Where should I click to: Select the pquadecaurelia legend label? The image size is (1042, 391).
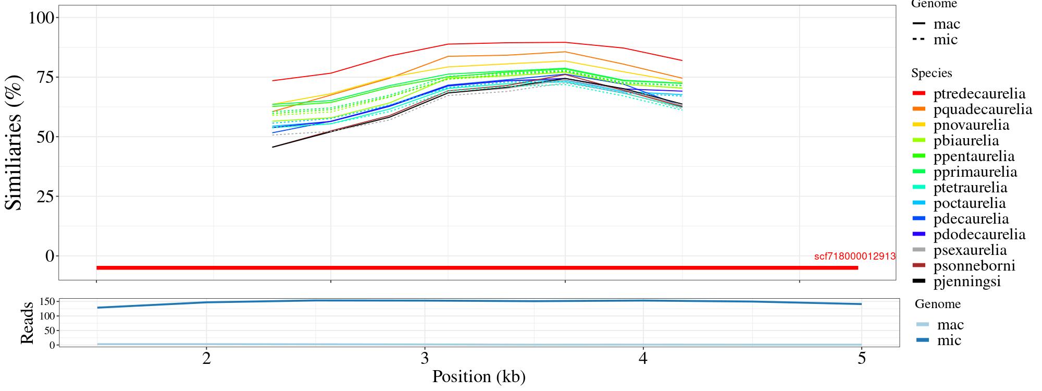pos(983,109)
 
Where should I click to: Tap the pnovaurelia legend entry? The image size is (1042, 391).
pos(971,125)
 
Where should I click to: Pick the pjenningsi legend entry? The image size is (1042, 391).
pos(967,282)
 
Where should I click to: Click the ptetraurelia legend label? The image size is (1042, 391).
pos(970,188)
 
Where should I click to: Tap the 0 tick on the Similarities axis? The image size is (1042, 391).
pos(50,256)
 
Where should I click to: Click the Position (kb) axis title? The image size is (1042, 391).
pos(478,376)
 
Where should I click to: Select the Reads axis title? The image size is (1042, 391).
pos(27,322)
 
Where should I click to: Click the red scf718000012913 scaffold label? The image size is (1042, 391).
pos(854,256)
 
